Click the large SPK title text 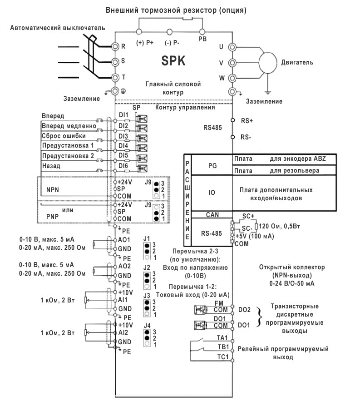coord(173,61)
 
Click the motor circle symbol coord(268,62)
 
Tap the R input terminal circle coord(115,47)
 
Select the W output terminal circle coord(232,78)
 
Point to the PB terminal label coord(202,39)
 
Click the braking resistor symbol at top coord(187,18)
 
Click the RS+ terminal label coord(247,120)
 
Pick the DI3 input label coord(123,136)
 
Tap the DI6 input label coord(123,166)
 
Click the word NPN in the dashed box coord(52,189)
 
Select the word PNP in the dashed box coord(52,216)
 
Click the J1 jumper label coord(147,238)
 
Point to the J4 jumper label coord(147,325)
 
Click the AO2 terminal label coord(124,266)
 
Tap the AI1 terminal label coord(123,300)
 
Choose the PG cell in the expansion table coord(212,166)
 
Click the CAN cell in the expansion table coord(212,215)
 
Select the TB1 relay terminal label coord(223,347)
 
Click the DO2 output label coord(244,310)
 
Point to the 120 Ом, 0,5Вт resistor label coord(279,226)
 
